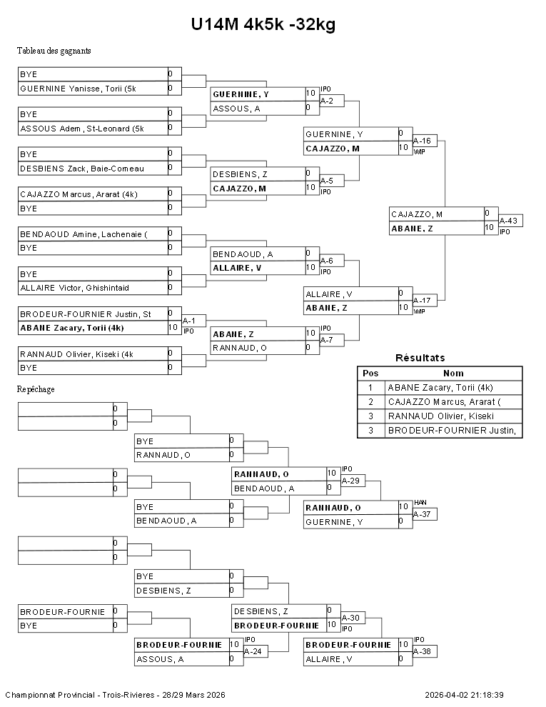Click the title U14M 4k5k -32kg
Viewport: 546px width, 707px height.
[x=263, y=25]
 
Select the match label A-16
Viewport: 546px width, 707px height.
[x=424, y=141]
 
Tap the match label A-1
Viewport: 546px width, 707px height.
[x=189, y=321]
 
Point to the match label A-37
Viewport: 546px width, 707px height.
[x=424, y=514]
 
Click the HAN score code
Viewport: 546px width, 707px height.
[x=420, y=502]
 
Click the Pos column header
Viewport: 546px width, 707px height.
[x=370, y=373]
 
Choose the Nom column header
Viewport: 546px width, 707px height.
[x=453, y=373]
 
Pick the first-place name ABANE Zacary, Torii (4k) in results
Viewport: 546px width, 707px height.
[x=440, y=387]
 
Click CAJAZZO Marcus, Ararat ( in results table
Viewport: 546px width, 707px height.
[x=445, y=401]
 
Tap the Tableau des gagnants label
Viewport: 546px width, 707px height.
[x=54, y=51]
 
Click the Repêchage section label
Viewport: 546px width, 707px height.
[x=36, y=389]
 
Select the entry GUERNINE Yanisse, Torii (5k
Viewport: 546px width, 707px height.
[x=83, y=89]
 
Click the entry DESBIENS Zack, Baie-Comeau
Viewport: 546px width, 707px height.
[x=82, y=169]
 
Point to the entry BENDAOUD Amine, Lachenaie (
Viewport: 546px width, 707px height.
[x=82, y=234]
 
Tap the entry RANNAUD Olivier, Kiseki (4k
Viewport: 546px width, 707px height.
[x=76, y=353]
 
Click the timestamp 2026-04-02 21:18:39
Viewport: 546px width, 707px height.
[x=464, y=695]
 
